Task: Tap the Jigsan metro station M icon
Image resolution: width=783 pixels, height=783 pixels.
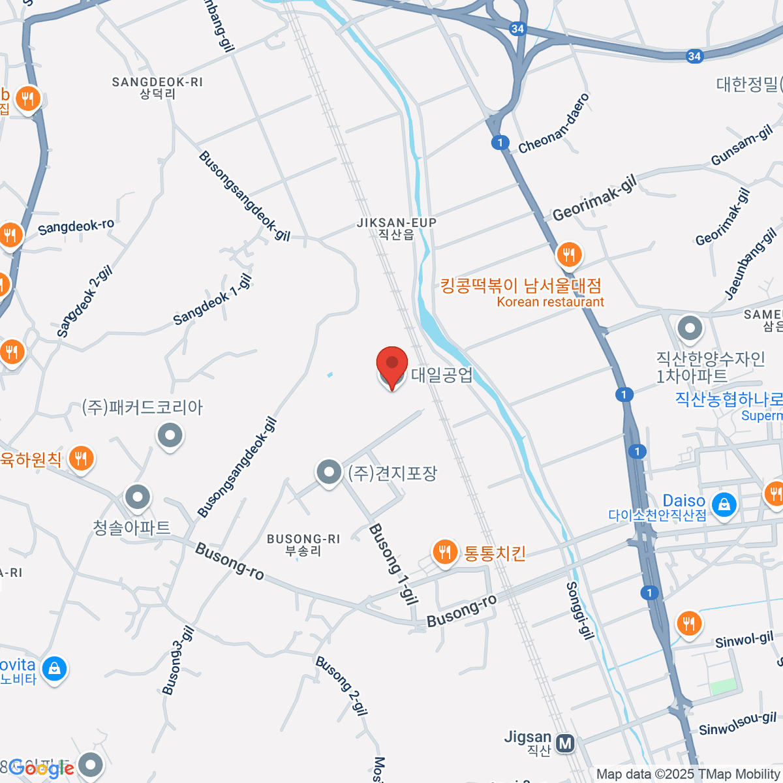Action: click(x=565, y=743)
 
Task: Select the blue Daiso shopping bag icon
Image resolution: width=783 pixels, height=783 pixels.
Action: click(x=724, y=504)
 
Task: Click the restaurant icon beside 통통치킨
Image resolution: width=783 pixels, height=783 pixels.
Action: click(x=444, y=552)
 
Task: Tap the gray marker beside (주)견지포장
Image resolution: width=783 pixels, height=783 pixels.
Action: click(x=329, y=472)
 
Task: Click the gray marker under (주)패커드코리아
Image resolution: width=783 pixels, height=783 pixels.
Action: click(x=170, y=435)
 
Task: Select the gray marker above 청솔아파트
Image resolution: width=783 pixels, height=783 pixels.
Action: click(x=138, y=498)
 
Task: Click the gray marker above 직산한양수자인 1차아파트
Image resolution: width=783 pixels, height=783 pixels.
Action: click(x=690, y=328)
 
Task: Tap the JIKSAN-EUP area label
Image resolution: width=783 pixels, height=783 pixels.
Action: click(x=397, y=228)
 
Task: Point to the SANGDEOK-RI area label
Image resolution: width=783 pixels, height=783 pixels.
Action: click(x=157, y=87)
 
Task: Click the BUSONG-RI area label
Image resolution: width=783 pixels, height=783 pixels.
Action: click(x=303, y=544)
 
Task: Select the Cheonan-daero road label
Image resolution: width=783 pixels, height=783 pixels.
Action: click(x=555, y=123)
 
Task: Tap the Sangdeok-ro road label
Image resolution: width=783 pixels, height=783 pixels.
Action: click(x=76, y=227)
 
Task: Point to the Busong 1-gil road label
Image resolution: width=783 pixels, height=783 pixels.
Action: click(x=393, y=564)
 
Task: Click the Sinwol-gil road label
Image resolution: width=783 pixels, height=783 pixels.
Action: click(x=744, y=640)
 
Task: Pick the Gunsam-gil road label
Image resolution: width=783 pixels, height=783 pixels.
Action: click(x=742, y=146)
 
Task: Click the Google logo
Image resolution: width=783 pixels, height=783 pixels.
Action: click(x=40, y=769)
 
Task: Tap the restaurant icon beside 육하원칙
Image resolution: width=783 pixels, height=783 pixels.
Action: click(x=80, y=458)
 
